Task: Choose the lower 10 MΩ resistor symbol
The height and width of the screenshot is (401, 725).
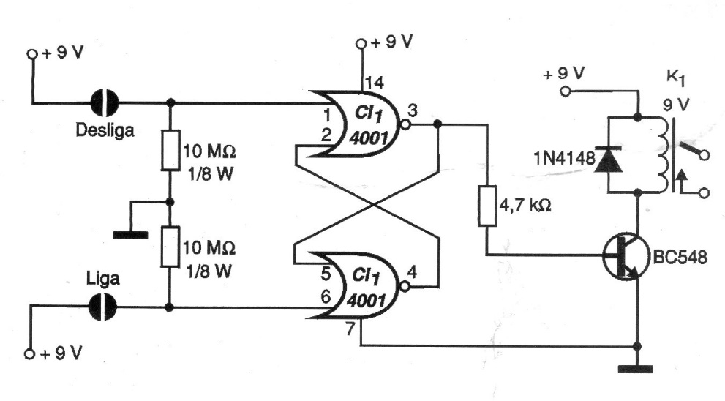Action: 170,247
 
